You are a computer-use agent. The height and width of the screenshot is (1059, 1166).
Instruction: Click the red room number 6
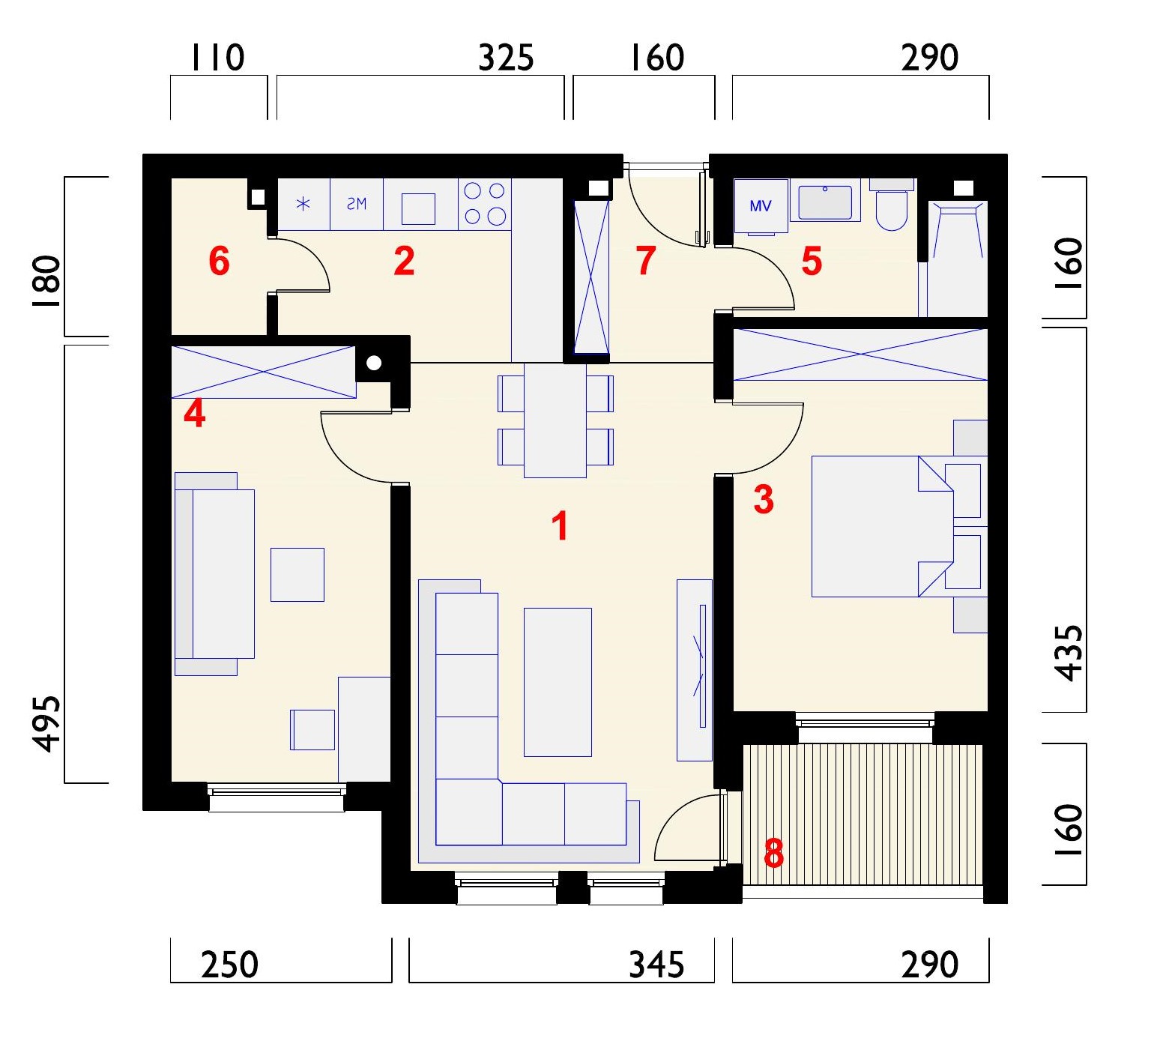[219, 262]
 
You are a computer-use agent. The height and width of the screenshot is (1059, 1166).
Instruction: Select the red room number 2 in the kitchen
[404, 261]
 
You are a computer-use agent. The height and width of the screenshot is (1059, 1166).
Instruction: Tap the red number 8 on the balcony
[773, 853]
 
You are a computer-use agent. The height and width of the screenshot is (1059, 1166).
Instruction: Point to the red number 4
[195, 414]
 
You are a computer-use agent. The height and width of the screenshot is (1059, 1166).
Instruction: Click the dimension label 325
[506, 58]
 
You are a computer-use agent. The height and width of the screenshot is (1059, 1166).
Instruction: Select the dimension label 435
[1069, 652]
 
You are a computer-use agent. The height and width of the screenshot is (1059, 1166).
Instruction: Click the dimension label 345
[656, 965]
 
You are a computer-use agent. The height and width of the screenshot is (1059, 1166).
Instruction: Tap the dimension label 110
[218, 58]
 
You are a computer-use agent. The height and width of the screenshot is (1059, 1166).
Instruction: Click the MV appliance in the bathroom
[761, 205]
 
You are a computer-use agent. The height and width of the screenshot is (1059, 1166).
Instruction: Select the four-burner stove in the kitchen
[485, 204]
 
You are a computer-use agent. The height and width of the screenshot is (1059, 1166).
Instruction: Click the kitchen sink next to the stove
[418, 209]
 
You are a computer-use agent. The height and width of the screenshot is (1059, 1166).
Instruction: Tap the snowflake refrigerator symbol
[303, 204]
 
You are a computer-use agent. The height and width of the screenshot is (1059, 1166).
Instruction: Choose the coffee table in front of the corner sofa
[558, 682]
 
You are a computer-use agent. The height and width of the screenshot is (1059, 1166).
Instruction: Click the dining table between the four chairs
[555, 420]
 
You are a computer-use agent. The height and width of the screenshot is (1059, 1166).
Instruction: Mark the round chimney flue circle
[374, 363]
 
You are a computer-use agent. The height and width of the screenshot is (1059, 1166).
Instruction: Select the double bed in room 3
[883, 526]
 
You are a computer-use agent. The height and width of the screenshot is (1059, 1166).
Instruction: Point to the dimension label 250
[229, 965]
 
